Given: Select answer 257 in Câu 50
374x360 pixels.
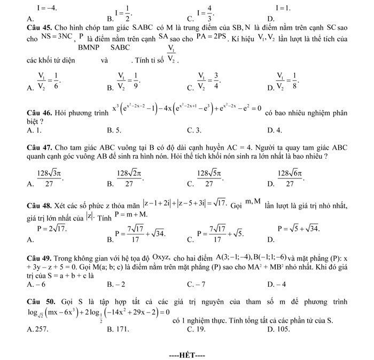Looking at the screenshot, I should point(41,329).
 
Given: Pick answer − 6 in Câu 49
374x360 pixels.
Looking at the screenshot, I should point(39,284).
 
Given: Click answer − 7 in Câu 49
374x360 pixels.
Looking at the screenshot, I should point(200,284).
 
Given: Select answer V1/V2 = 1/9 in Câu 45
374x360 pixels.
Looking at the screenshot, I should point(128,80).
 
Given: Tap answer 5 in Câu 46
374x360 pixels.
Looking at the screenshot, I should point(118,130).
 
